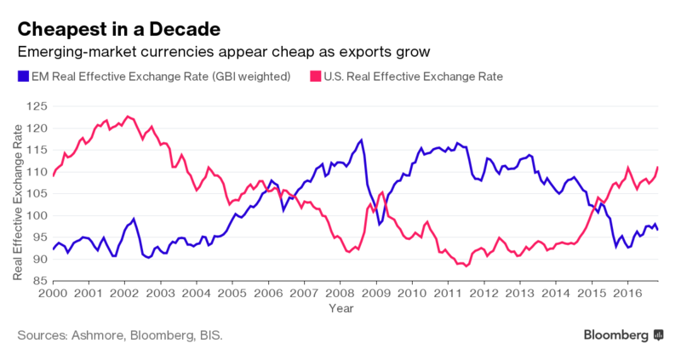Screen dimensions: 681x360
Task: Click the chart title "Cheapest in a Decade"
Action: [119, 30]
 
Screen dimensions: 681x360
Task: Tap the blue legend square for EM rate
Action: [23, 77]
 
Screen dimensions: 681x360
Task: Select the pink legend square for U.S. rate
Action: [315, 77]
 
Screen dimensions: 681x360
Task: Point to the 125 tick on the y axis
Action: [37, 106]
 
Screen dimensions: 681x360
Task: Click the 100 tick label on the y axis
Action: [37, 215]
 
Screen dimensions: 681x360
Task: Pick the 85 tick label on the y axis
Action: [39, 281]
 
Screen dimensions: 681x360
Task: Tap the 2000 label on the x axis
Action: [53, 293]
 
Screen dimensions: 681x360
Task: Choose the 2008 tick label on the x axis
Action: [340, 293]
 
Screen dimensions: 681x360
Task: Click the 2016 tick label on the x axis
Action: [627, 293]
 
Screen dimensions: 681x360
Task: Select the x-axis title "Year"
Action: [341, 308]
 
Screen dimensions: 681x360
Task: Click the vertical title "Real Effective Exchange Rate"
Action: [17, 203]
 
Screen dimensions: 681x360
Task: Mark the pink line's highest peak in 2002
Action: [127, 117]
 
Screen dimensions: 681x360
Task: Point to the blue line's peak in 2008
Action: [361, 140]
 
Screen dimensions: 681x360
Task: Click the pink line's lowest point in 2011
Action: [466, 266]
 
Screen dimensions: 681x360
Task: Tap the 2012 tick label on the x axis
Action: [484, 293]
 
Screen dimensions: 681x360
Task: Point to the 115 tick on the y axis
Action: [37, 151]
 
